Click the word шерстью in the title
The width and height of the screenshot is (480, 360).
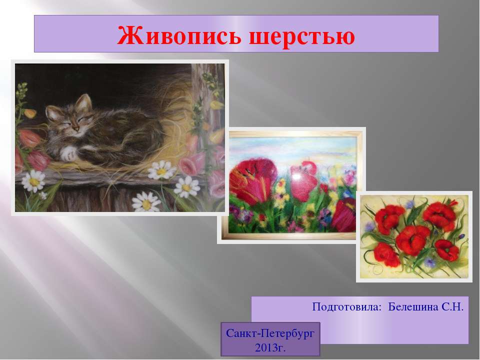point(302,36)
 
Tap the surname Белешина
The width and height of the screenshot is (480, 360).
point(413,306)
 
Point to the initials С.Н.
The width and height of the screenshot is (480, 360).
point(452,306)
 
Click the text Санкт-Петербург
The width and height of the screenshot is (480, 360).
point(270,333)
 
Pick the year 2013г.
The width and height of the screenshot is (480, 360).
point(270,347)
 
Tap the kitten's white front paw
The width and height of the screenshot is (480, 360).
point(68,153)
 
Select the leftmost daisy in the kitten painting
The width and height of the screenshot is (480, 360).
point(33,181)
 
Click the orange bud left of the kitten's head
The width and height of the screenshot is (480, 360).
point(30,113)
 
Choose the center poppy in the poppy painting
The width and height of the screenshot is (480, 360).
point(411,240)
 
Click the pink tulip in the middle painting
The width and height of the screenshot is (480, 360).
point(303,181)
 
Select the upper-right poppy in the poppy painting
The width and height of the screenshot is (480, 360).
point(439,216)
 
